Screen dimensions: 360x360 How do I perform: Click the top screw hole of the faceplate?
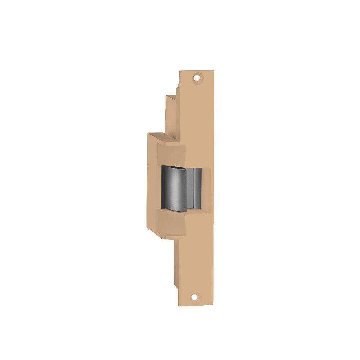point(196,77)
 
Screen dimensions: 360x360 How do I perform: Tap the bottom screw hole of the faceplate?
point(195,297)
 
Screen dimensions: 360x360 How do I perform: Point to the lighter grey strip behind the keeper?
point(197,187)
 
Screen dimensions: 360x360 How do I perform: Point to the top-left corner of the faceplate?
point(180,71)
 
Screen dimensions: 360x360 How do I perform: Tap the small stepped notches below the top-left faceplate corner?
point(177,88)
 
